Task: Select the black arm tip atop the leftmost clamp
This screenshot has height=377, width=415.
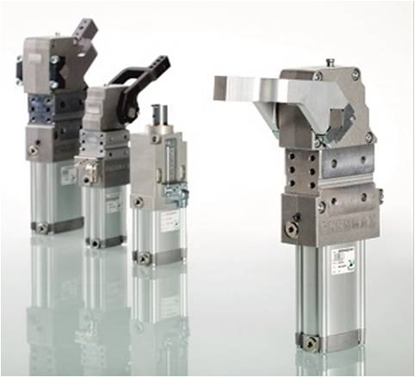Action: pos(85,33)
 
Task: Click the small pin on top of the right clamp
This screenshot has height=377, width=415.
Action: pos(329,62)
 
